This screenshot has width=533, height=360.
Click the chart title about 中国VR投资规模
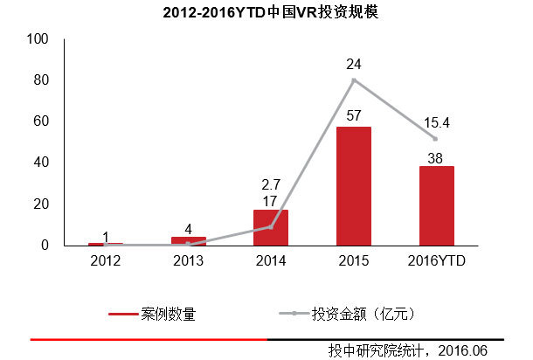(x=266, y=14)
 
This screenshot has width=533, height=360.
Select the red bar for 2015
(x=354, y=185)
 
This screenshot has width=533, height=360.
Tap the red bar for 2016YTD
(x=436, y=205)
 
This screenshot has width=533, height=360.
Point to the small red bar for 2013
(x=189, y=240)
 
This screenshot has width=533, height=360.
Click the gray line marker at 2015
(x=354, y=80)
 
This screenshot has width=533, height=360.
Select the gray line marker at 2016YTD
(x=436, y=139)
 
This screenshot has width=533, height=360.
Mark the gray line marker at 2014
(x=271, y=227)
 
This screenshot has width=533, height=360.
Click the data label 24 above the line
(x=354, y=64)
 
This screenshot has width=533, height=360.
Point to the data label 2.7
(x=271, y=184)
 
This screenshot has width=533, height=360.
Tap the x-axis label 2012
(x=106, y=260)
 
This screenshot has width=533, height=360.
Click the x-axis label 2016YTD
(x=436, y=260)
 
